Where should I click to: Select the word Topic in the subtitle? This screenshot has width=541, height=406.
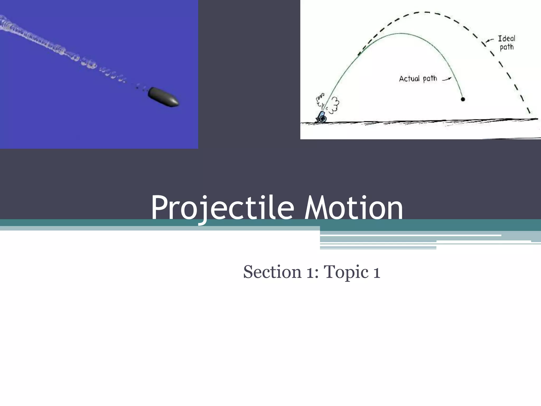(346, 272)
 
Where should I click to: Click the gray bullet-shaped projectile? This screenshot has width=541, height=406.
(163, 97)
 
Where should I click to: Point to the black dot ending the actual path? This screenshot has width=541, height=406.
(463, 99)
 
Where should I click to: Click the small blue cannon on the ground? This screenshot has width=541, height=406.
(322, 117)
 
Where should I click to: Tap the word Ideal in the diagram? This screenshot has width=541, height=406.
(506, 39)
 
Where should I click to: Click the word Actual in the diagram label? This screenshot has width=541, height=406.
(409, 79)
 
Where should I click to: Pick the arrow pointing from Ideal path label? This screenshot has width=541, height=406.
(490, 40)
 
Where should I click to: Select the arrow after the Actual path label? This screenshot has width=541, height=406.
(447, 79)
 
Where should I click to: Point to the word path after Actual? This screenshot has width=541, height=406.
(430, 79)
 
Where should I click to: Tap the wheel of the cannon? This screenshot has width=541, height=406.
(323, 119)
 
